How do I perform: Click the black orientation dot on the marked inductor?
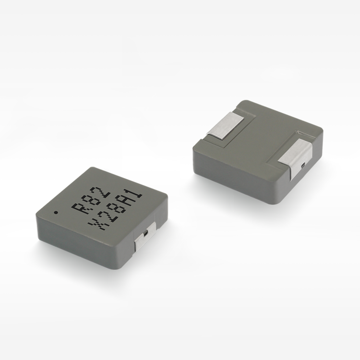(56, 212)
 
